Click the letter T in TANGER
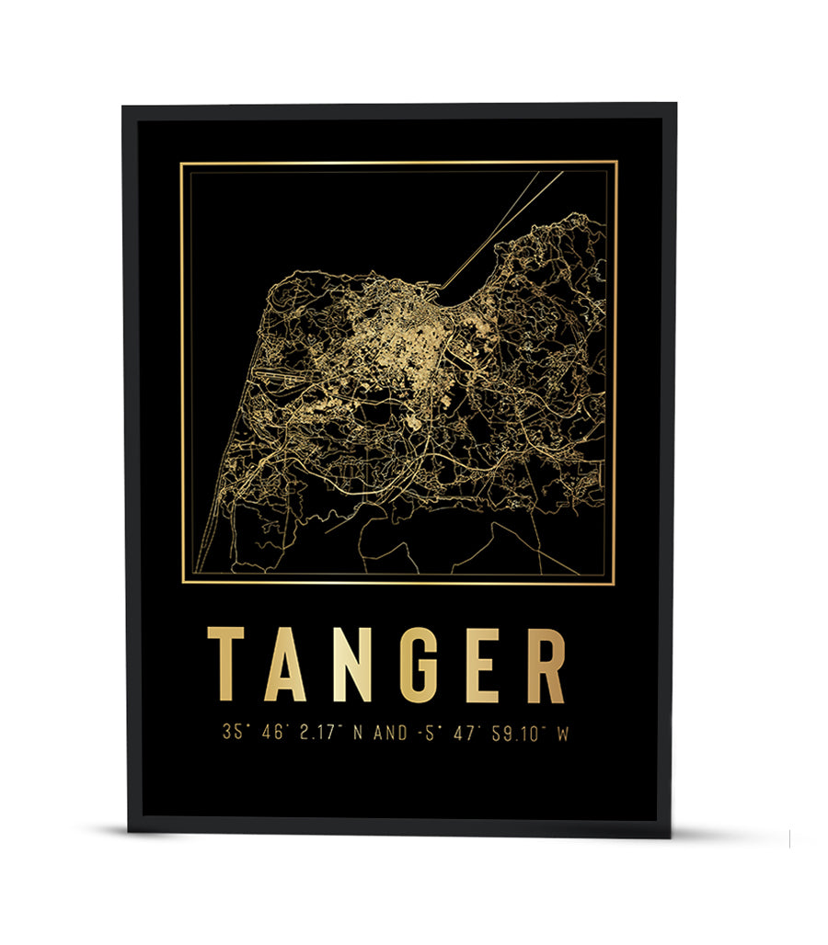click(x=225, y=664)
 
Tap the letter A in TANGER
click(x=284, y=664)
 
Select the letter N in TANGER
click(x=351, y=664)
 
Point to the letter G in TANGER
click(x=418, y=664)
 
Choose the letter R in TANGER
click(x=544, y=664)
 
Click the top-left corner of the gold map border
click(x=181, y=163)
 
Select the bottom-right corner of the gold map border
click(x=615, y=583)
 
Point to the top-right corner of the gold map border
click(x=615, y=163)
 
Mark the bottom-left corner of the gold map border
click(x=182, y=583)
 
